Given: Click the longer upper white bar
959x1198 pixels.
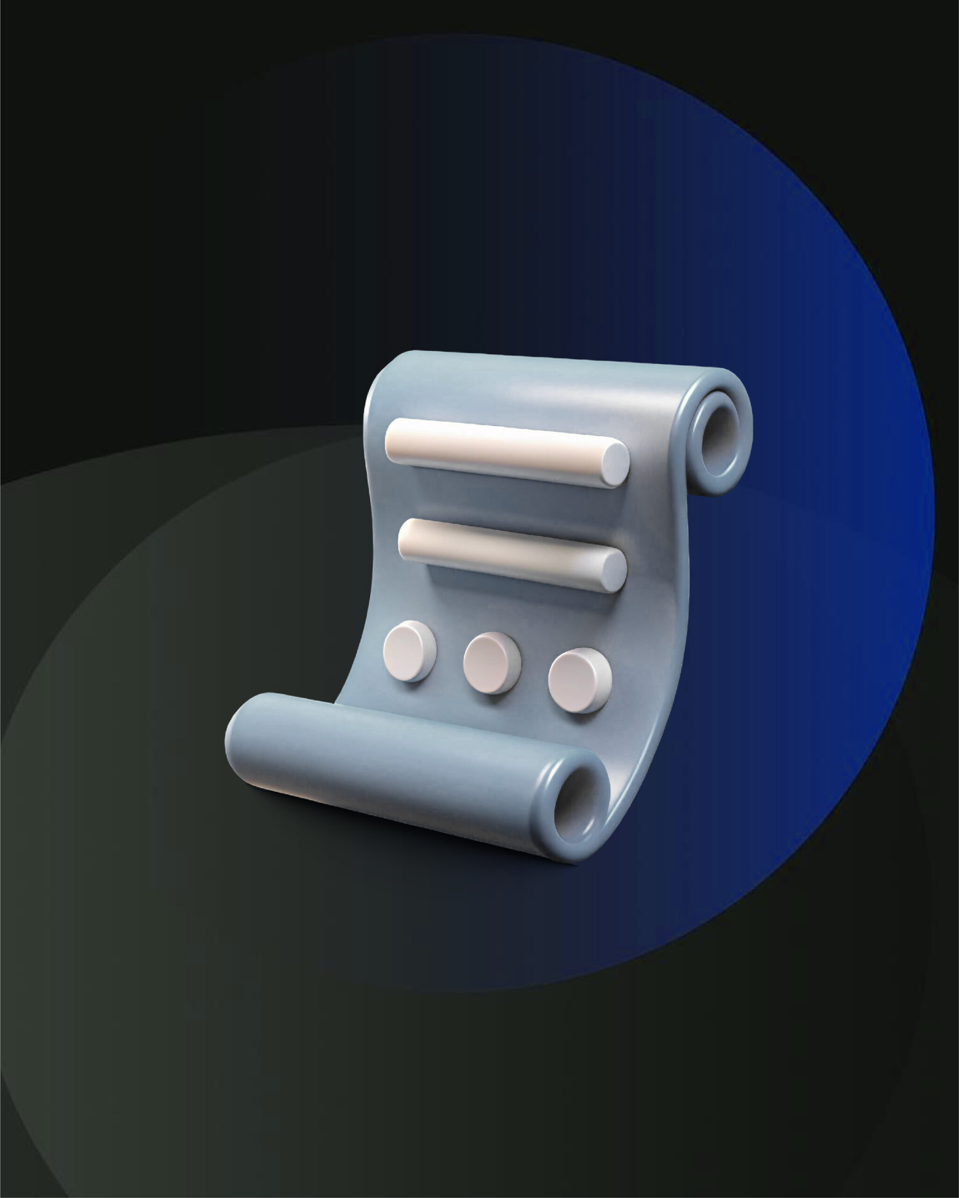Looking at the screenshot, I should [x=500, y=451].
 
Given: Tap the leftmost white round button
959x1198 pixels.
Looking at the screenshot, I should [x=409, y=650].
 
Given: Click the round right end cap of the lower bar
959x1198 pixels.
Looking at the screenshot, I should [x=615, y=570].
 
